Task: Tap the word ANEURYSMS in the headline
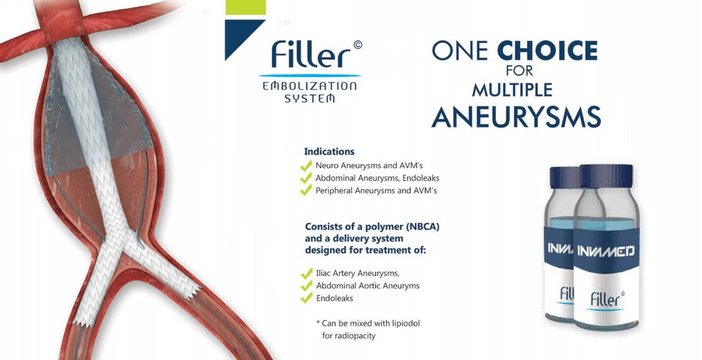pyautogui.click(x=516, y=117)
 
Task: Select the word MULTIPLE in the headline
pyautogui.click(x=512, y=90)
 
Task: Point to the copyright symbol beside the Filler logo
pyautogui.click(x=358, y=45)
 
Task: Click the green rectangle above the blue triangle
pyautogui.click(x=246, y=7)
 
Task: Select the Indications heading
pyautogui.click(x=329, y=152)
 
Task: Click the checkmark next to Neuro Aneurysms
pyautogui.click(x=306, y=165)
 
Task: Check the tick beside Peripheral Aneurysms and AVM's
pyautogui.click(x=306, y=190)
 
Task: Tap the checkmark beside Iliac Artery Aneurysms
pyautogui.click(x=307, y=273)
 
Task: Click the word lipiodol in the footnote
pyautogui.click(x=404, y=323)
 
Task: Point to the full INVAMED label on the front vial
pyautogui.click(x=606, y=251)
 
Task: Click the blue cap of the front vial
pyautogui.click(x=606, y=176)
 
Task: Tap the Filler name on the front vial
pyautogui.click(x=605, y=300)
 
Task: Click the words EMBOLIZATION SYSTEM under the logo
pyautogui.click(x=309, y=92)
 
